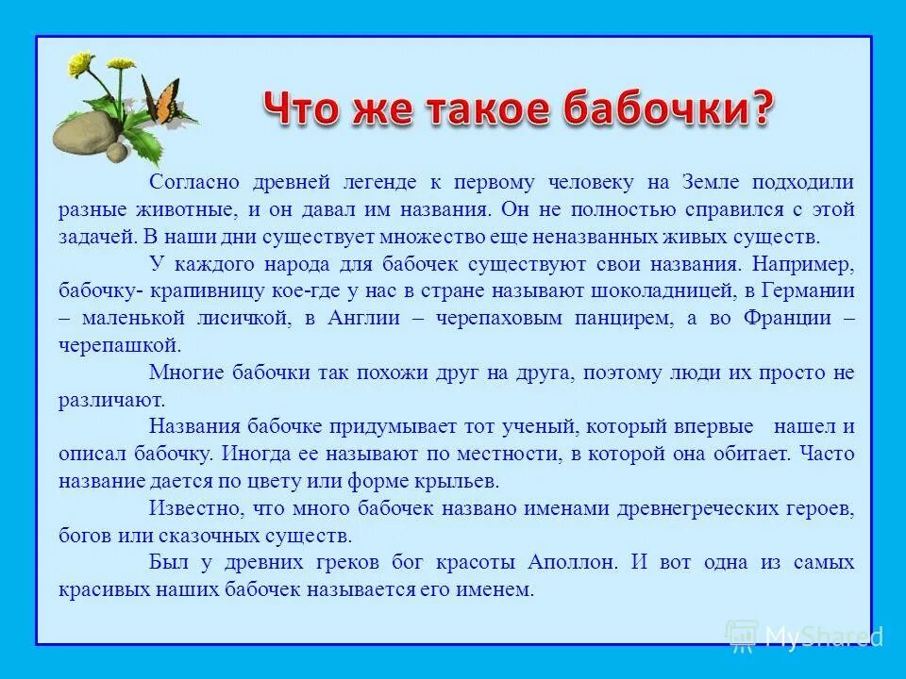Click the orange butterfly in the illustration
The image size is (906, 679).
point(161,100)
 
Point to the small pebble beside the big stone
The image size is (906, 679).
point(116,153)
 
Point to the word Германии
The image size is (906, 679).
point(809,290)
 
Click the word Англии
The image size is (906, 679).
point(363,318)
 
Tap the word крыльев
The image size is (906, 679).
point(464,481)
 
